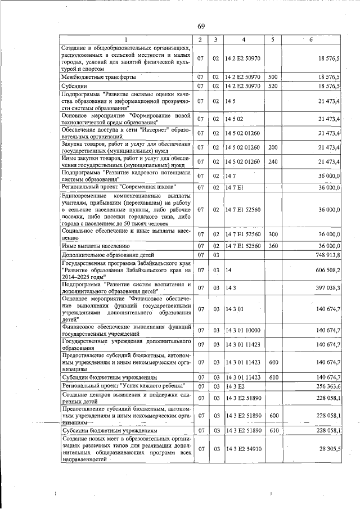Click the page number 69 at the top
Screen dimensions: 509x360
[x=201, y=26]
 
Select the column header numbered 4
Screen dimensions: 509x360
[x=243, y=39]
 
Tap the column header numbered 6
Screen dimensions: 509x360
[x=311, y=39]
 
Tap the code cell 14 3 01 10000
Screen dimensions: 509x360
[x=243, y=329]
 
